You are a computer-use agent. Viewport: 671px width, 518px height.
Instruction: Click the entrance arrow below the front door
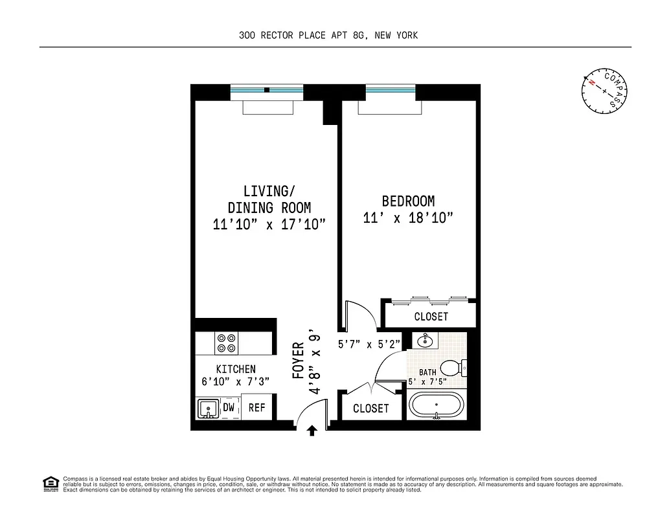click(312, 430)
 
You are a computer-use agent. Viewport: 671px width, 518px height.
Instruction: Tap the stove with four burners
click(227, 343)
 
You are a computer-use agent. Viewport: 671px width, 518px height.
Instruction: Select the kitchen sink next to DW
click(209, 409)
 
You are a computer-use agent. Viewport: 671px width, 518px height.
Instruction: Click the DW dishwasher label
click(229, 408)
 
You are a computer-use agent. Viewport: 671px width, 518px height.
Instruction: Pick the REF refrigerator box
click(257, 408)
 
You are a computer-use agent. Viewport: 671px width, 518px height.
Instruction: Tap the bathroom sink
click(425, 341)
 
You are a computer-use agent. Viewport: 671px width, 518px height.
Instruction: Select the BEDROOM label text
click(408, 201)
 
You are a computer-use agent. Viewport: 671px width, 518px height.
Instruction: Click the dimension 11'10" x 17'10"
click(269, 225)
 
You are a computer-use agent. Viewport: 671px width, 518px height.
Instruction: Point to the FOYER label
click(299, 360)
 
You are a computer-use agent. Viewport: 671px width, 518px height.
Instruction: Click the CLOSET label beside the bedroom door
click(431, 317)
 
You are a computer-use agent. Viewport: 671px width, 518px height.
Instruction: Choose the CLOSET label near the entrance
click(371, 409)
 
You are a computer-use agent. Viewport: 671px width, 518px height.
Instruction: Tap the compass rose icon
click(605, 91)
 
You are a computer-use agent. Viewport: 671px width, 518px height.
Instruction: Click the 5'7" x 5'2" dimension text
click(370, 344)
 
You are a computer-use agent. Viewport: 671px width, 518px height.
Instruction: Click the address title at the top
click(328, 36)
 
